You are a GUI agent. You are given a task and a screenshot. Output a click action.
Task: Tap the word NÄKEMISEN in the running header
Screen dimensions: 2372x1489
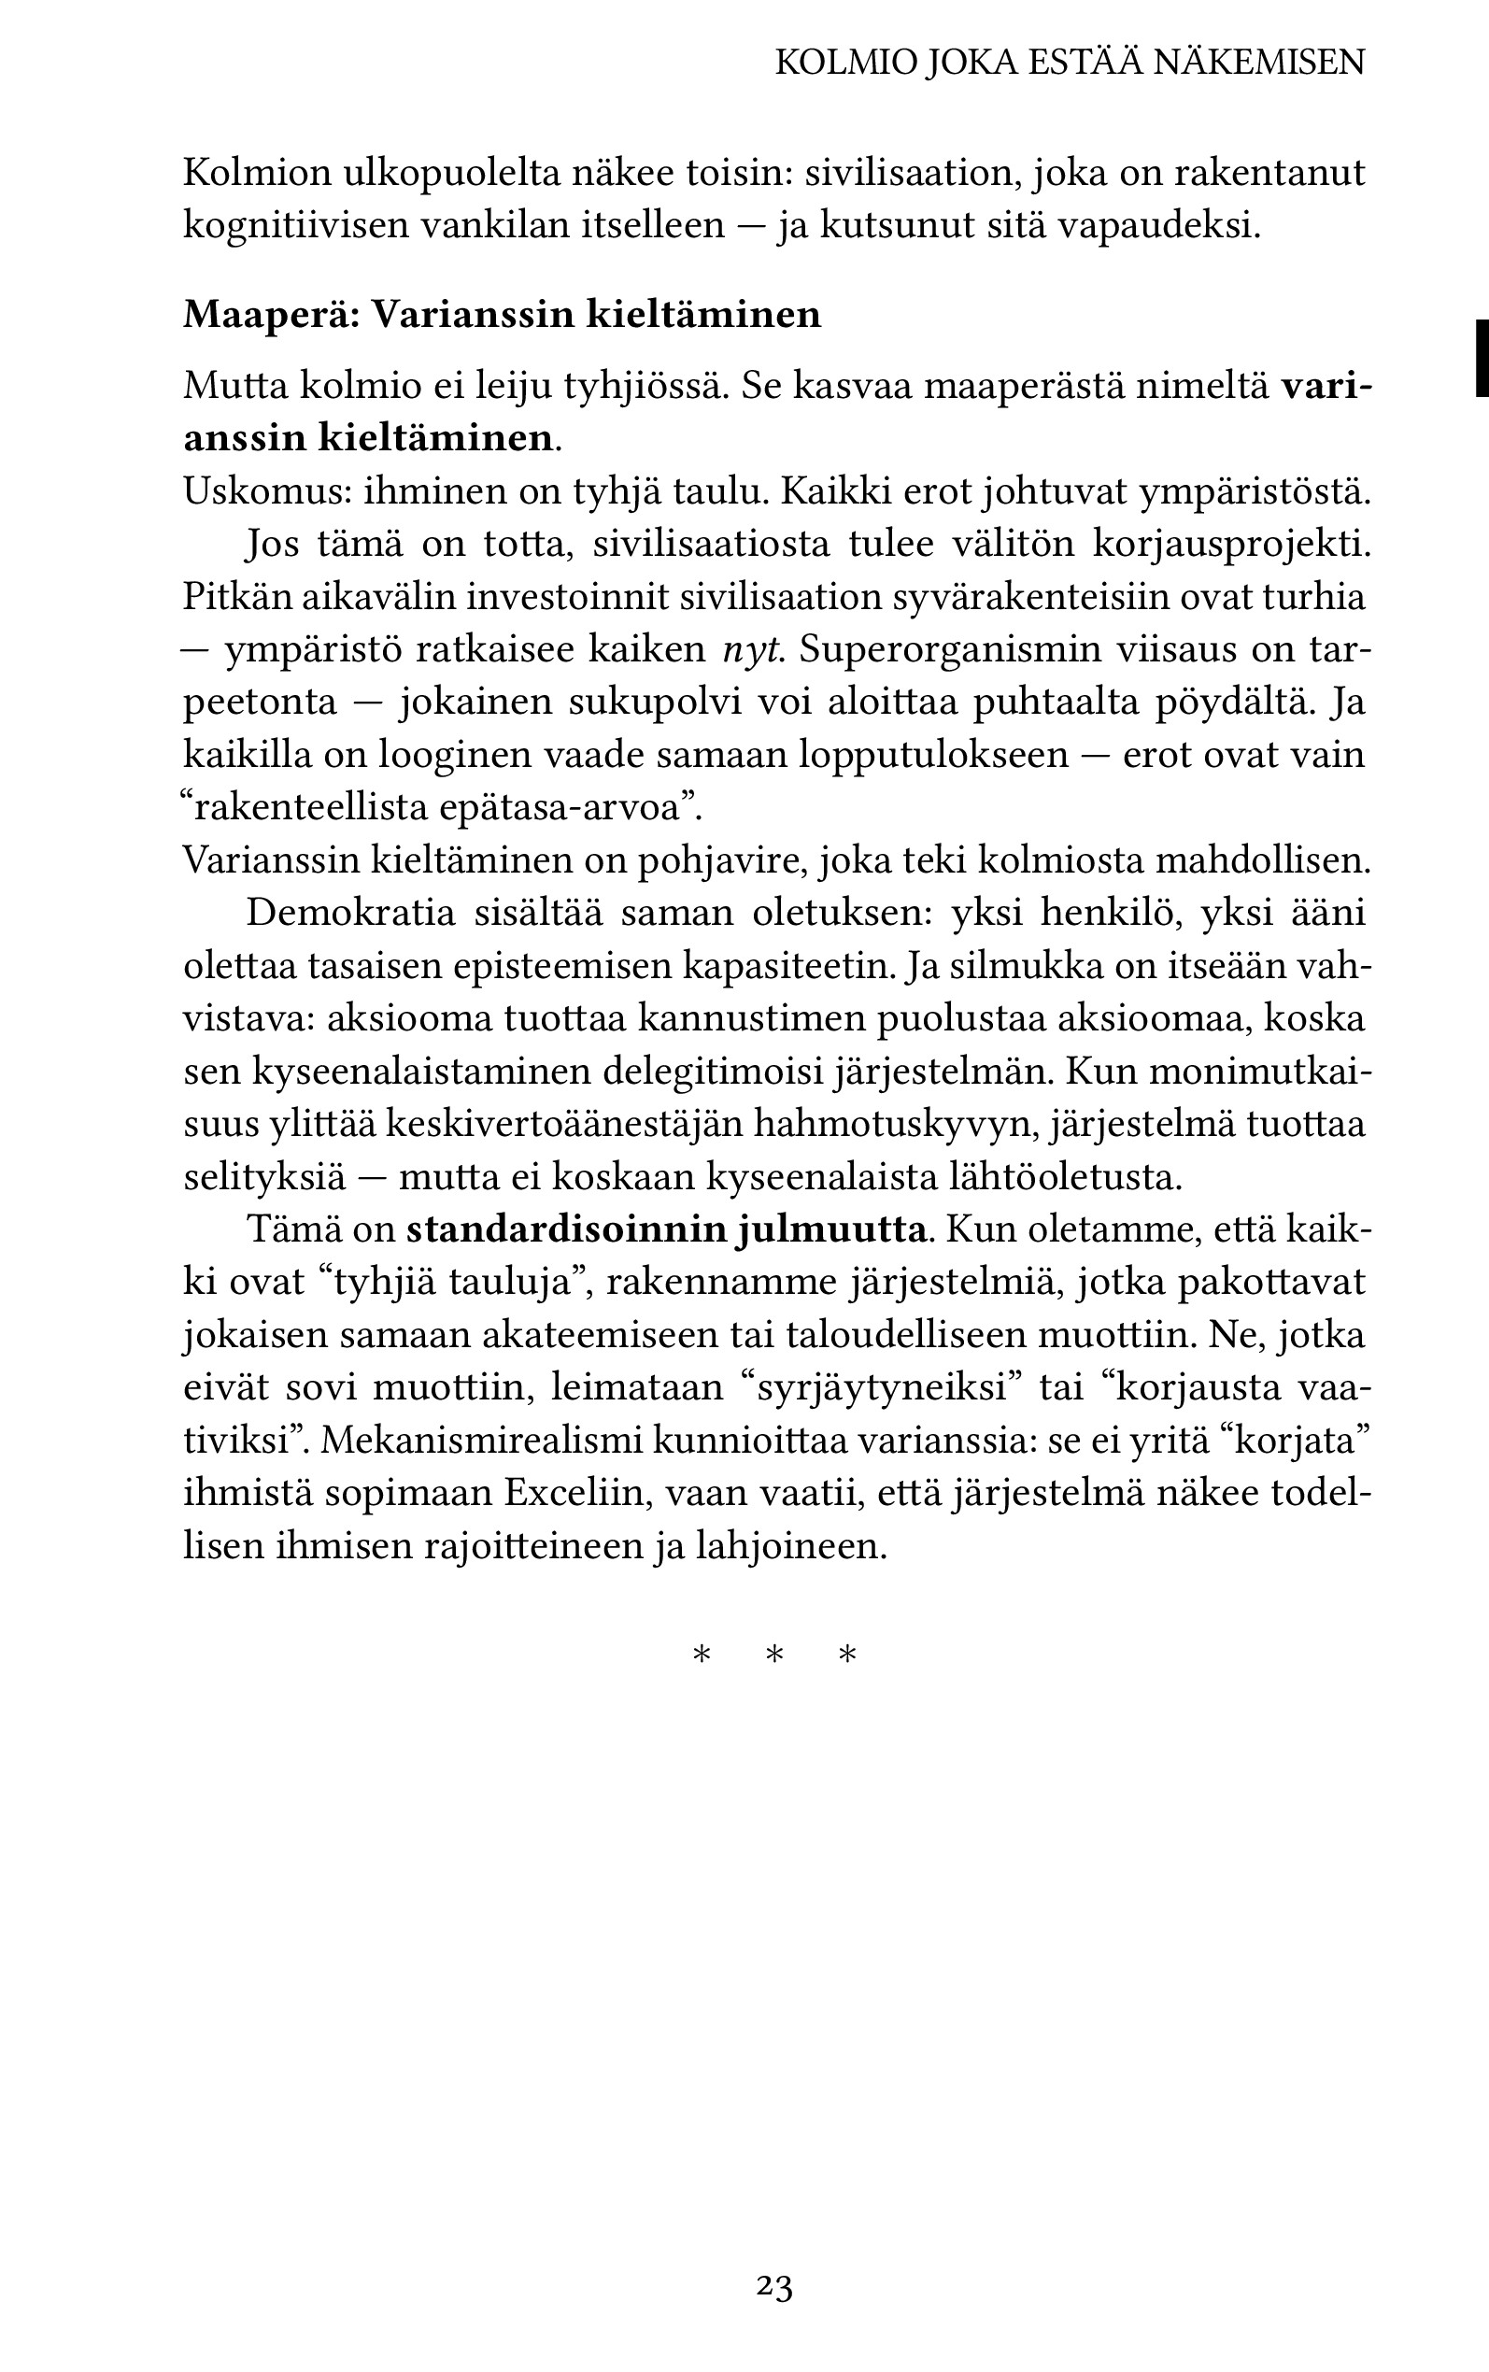[1258, 63]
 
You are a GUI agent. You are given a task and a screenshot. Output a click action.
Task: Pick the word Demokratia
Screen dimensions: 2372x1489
[350, 913]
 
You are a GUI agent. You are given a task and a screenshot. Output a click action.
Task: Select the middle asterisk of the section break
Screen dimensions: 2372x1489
[774, 1656]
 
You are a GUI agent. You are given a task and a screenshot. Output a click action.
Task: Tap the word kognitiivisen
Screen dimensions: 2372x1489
[292, 225]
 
